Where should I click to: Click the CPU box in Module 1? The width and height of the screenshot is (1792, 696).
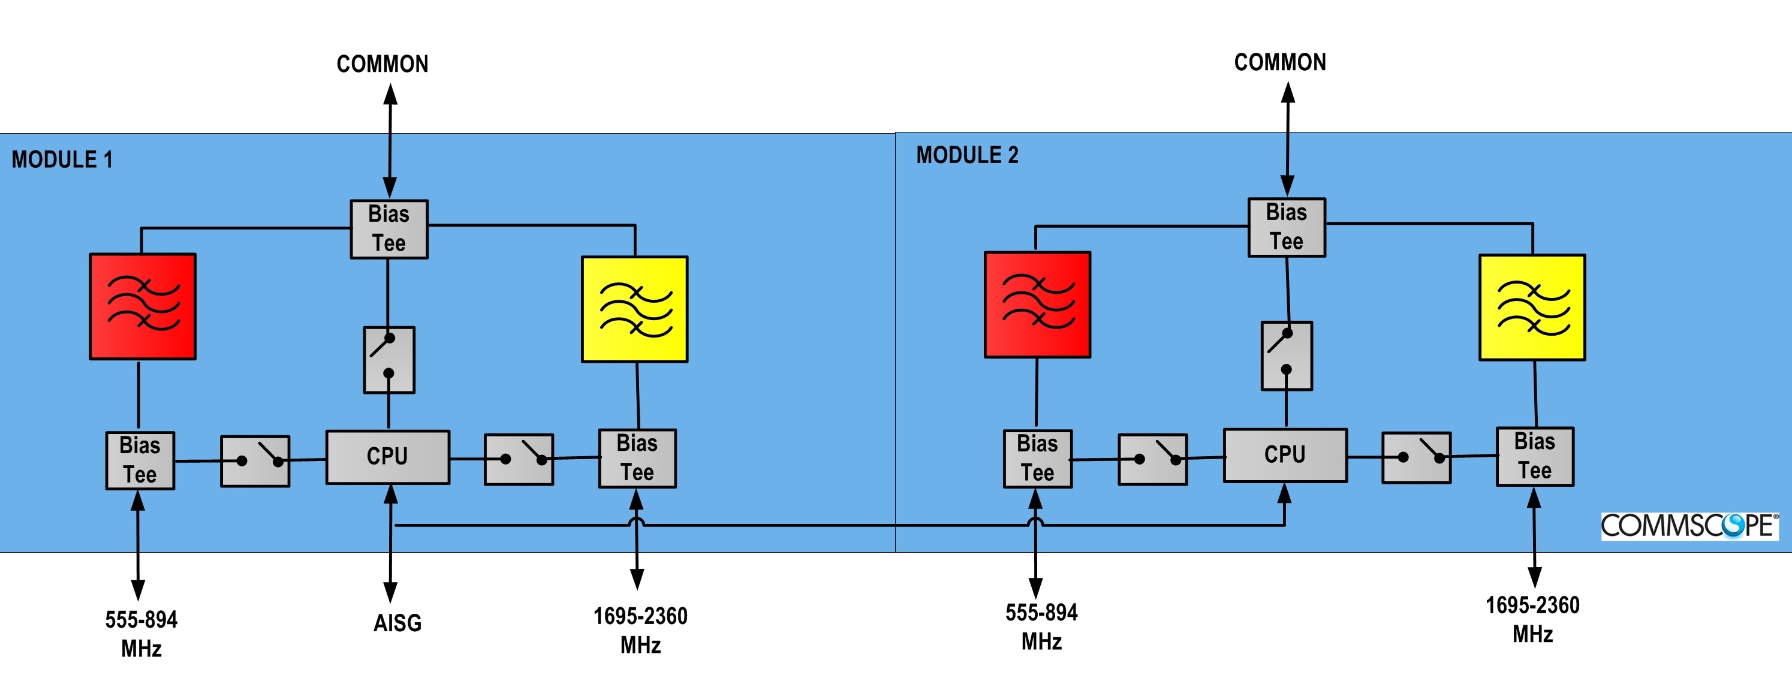tap(387, 457)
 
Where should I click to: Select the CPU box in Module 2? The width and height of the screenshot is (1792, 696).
tap(1285, 455)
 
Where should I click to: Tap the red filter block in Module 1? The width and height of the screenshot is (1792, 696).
tap(143, 306)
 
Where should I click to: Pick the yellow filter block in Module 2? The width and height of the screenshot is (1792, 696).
tap(1532, 308)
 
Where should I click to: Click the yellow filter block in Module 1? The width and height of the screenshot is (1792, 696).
tap(634, 309)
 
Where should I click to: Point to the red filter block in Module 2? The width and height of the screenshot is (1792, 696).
tap(1037, 305)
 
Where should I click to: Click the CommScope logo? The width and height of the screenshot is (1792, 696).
tap(1689, 526)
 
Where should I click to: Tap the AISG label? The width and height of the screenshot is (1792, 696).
tap(397, 622)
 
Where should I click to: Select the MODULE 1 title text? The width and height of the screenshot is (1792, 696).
tap(62, 159)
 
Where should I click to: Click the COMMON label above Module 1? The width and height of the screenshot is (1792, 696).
tap(382, 64)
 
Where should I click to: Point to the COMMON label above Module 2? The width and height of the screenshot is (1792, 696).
tap(1280, 62)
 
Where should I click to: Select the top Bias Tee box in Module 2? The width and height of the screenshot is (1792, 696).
tap(1286, 227)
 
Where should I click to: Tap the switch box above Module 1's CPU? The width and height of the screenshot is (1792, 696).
tap(389, 360)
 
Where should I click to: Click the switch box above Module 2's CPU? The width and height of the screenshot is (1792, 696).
tap(1287, 355)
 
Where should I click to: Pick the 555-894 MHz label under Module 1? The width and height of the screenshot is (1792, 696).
tap(141, 634)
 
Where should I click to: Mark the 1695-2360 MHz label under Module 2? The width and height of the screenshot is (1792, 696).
tap(1532, 619)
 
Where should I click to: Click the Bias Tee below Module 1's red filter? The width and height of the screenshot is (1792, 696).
tap(140, 460)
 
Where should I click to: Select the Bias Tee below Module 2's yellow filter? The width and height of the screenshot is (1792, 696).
tap(1535, 456)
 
